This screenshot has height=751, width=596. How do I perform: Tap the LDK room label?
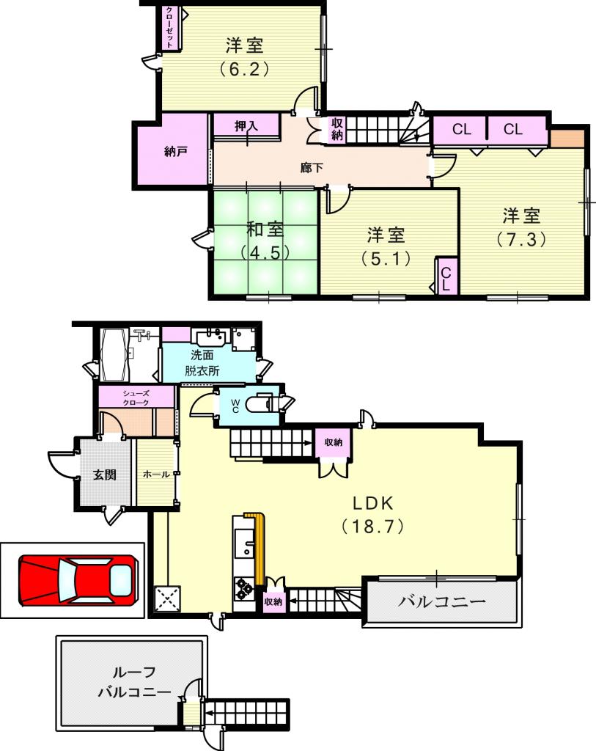(x=373, y=503)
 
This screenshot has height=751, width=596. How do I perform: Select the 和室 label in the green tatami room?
(x=265, y=230)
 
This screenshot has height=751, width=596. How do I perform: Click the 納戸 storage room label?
(x=175, y=152)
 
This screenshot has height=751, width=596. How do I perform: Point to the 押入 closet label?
(x=246, y=126)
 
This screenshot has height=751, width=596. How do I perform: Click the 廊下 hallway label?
(x=312, y=168)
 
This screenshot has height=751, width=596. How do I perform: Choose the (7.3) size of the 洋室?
(x=520, y=238)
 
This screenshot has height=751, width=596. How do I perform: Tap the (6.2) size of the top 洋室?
(x=244, y=70)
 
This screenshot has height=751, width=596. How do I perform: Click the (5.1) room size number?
(x=386, y=259)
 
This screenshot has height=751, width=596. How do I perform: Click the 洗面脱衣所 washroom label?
(x=202, y=362)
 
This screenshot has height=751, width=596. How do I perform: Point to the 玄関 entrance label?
(x=104, y=475)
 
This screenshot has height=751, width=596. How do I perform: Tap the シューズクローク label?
(x=136, y=398)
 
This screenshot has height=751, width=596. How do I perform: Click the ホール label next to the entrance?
(x=156, y=475)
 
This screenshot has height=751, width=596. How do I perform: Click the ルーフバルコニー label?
(x=134, y=682)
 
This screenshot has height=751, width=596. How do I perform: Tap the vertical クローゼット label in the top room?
(x=169, y=27)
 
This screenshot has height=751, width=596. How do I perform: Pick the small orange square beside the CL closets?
(x=567, y=139)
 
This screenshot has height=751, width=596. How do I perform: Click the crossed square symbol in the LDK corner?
(x=168, y=598)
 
